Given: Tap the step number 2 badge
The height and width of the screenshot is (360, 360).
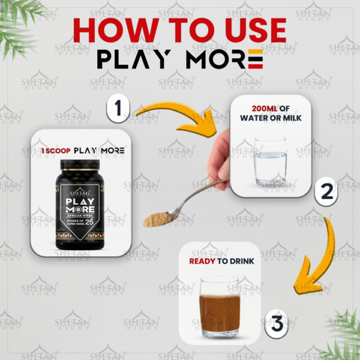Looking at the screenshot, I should point(327,192).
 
